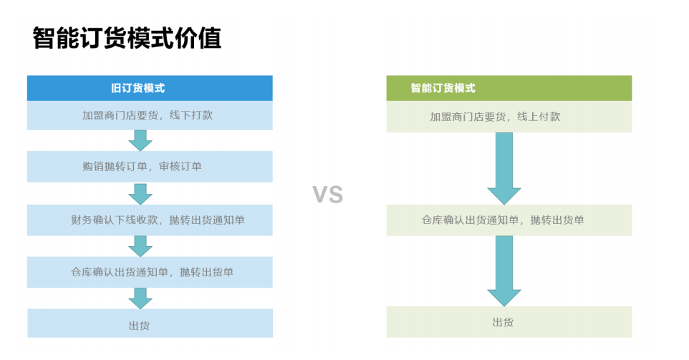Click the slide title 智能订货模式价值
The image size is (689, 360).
point(127,38)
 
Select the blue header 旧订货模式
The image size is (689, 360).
point(150,88)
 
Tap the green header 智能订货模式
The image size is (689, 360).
point(509,88)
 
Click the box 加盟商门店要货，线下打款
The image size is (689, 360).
point(150,115)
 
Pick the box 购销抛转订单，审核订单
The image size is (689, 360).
point(150,167)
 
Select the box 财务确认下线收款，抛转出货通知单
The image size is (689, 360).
point(150,220)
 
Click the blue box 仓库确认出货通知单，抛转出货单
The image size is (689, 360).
point(150,272)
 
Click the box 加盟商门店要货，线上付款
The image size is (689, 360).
point(509,117)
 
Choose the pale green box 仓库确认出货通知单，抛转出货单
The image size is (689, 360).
point(509,220)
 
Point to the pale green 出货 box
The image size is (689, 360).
point(509,322)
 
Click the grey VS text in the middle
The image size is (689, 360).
point(328,194)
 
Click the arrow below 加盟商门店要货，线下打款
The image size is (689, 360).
point(140,140)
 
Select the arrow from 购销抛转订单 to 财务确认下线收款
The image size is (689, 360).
point(140,193)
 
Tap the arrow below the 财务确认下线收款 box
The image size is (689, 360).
point(140,245)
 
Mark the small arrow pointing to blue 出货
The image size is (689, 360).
point(140,298)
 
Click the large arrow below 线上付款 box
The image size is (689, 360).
point(504,169)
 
